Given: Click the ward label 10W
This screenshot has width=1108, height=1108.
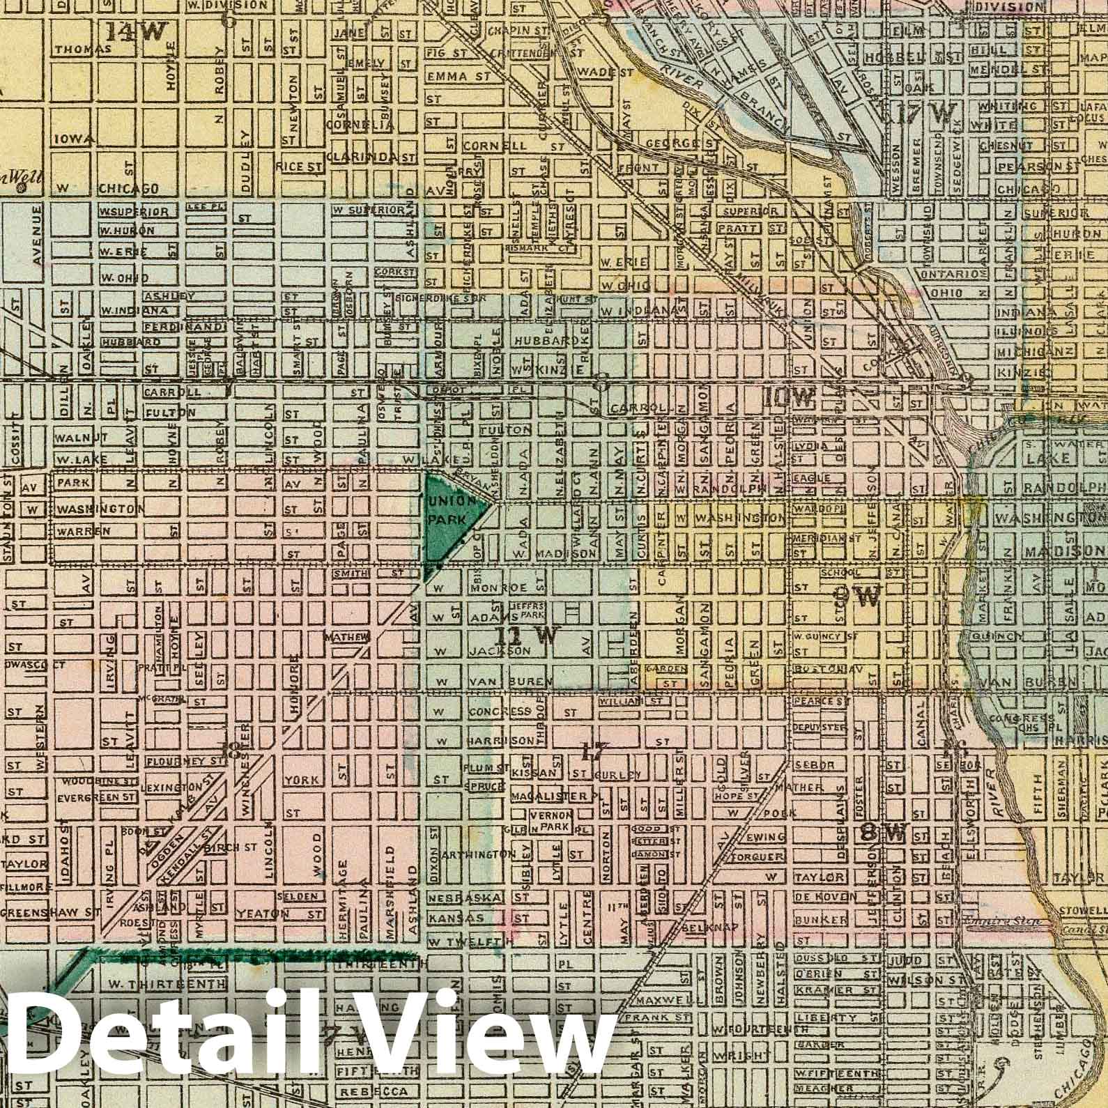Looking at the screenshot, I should (x=788, y=398).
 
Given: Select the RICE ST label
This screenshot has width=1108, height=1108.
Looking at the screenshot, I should (x=299, y=167).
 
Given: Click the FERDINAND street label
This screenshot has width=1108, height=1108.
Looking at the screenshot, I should (x=184, y=325).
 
